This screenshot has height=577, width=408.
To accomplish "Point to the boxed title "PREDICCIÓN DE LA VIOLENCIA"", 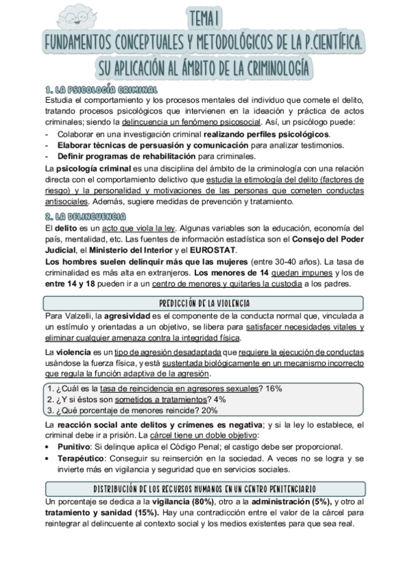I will pos(204,303).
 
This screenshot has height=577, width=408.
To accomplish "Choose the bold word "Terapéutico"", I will pos(82,459).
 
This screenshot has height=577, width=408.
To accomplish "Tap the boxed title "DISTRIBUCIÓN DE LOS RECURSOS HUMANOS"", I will pos(204,489).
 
